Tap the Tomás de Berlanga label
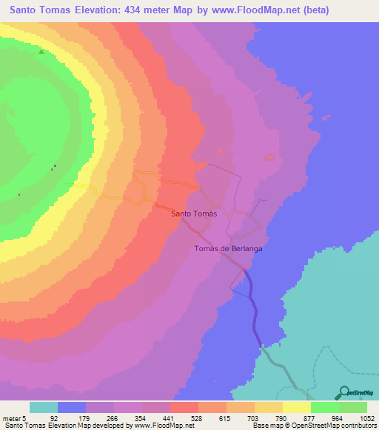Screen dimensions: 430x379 pyautogui.click(x=229, y=249)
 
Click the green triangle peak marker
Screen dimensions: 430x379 pyautogui.click(x=41, y=52)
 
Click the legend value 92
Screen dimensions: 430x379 pyautogui.click(x=53, y=417)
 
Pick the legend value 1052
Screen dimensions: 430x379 pyautogui.click(x=366, y=417)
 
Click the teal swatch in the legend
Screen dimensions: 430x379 pyautogui.click(x=44, y=407)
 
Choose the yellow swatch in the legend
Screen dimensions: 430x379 pyautogui.click(x=269, y=407)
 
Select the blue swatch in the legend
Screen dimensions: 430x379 pyautogui.click(x=72, y=407)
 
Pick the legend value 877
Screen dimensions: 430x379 pyautogui.click(x=308, y=417)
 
